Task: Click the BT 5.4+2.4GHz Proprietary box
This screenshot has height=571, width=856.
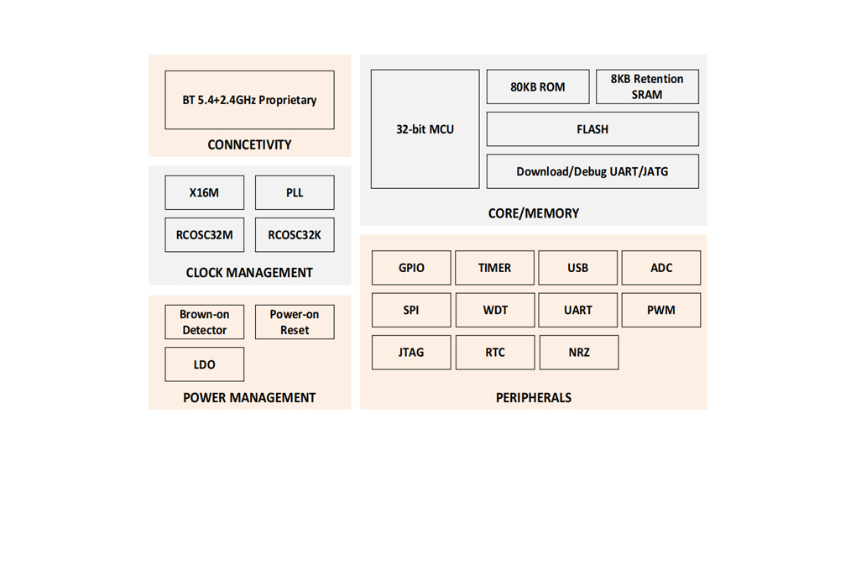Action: [249, 100]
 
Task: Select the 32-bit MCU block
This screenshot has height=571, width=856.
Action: [425, 129]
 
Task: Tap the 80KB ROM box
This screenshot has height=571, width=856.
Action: [538, 86]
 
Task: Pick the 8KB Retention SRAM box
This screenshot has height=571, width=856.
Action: [647, 86]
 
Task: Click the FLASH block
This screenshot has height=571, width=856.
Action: [592, 129]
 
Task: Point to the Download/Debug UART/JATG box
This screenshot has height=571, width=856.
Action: [592, 171]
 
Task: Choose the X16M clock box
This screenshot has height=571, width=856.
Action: [204, 192]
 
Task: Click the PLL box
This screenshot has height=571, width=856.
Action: [295, 192]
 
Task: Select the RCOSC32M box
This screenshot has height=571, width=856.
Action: [204, 235]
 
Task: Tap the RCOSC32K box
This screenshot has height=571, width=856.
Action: [295, 235]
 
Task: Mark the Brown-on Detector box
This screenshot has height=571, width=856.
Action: [204, 322]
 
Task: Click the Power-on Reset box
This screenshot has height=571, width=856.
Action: [295, 322]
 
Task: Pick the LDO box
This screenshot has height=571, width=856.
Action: [204, 364]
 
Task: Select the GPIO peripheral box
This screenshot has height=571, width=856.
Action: [411, 268]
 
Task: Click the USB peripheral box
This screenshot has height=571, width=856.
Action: [577, 268]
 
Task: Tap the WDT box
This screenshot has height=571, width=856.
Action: [495, 311]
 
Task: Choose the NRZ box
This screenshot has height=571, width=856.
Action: [579, 353]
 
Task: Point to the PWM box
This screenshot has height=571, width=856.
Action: [661, 311]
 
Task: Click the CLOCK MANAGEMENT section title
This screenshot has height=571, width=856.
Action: [249, 273]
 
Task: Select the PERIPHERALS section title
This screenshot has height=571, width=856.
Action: [534, 398]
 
